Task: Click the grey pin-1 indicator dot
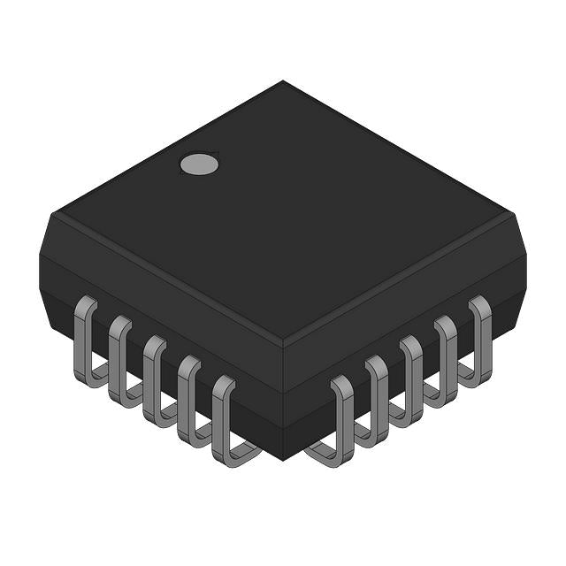[199, 164]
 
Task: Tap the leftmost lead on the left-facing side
[85, 340]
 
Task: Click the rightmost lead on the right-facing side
[480, 340]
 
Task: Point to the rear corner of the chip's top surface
[283, 81]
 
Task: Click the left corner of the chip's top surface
[53, 212]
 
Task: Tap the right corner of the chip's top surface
[513, 212]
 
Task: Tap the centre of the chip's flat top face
[283, 212]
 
